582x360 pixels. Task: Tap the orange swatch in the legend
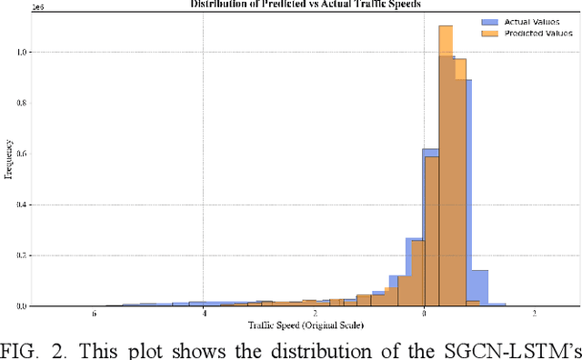coord(487,34)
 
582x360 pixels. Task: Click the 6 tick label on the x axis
coord(94,315)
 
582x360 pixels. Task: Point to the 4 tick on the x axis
coord(204,315)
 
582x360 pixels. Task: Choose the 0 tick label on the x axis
coord(424,315)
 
